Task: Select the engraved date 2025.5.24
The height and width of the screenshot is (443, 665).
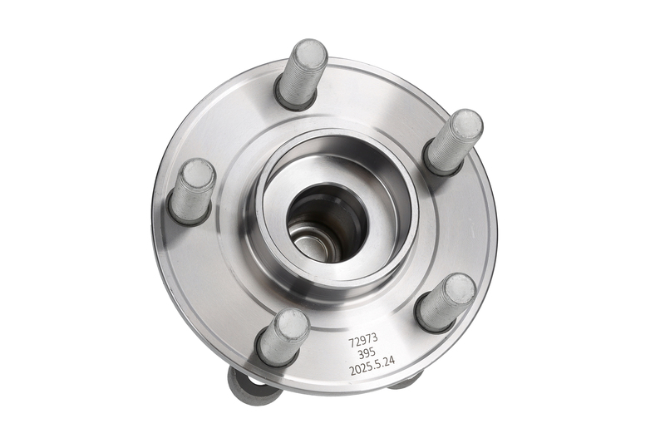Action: click(372, 361)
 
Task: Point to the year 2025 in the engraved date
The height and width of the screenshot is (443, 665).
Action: click(360, 362)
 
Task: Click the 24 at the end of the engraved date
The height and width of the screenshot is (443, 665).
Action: click(390, 361)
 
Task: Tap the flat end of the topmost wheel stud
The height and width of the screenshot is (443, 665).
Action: click(310, 54)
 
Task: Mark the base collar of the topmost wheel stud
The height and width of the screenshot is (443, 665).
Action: click(296, 99)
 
